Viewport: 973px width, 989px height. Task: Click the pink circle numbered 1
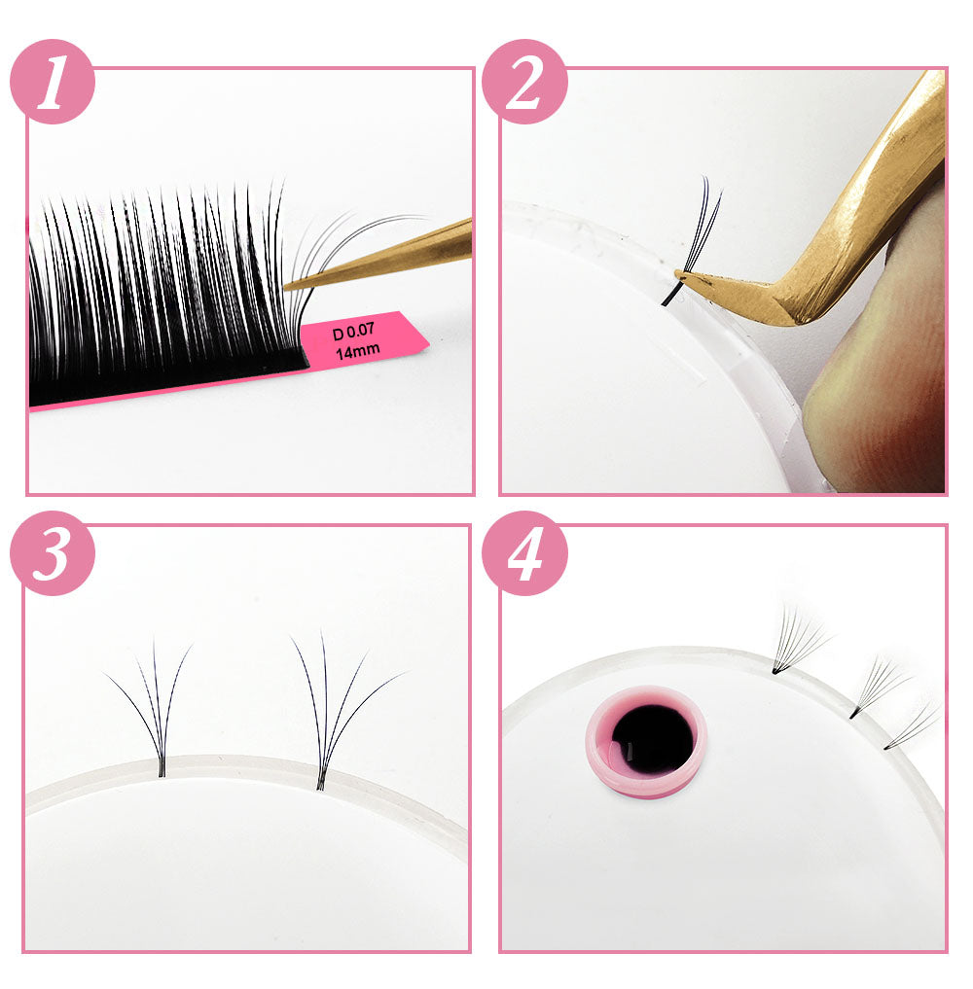tap(53, 82)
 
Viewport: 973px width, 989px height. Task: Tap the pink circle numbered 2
tap(524, 82)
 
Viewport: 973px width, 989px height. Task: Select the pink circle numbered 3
tap(53, 553)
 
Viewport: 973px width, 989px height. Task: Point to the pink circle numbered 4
tap(524, 553)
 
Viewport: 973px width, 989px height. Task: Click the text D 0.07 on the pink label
tap(353, 331)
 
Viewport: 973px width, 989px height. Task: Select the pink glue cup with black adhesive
tap(645, 741)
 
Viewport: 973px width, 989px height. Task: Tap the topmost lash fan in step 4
tap(798, 640)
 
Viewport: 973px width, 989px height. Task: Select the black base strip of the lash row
tap(168, 381)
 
